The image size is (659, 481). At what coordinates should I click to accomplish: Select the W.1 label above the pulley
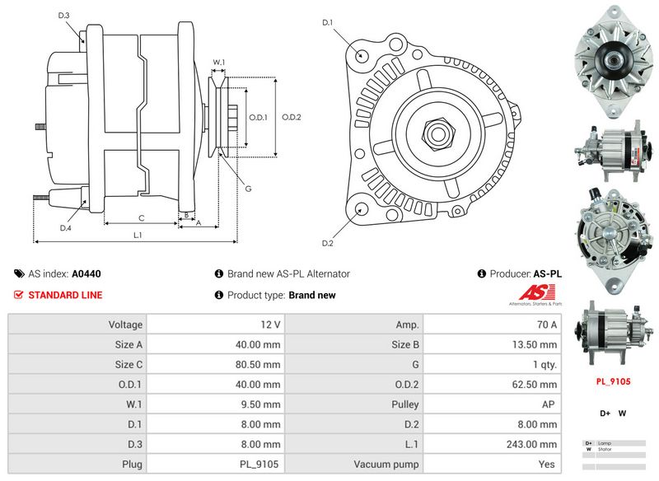219,62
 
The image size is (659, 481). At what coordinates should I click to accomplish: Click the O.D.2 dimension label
292,117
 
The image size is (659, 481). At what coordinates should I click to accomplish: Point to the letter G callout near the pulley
248,189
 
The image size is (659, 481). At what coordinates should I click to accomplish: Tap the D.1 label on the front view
327,22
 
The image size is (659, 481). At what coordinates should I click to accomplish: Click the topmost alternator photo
613,59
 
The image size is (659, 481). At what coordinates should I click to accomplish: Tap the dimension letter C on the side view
142,218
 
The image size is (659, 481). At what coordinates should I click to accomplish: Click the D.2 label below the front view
327,243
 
